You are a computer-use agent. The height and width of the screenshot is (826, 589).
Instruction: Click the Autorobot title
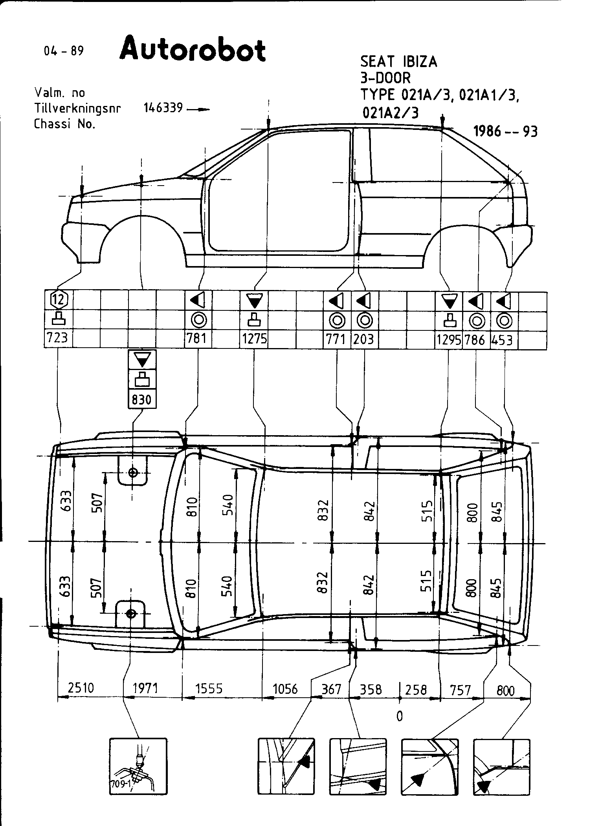point(193,49)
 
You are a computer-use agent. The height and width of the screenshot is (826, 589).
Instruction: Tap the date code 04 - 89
point(64,51)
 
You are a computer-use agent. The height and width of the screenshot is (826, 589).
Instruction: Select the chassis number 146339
point(163,108)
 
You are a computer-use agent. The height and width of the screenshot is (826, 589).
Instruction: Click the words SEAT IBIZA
point(398,62)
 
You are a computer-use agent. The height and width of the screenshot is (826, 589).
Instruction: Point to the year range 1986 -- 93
point(505,131)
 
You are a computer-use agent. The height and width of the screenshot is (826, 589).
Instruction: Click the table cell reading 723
point(58,338)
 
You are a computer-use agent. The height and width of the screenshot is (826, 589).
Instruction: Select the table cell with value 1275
point(255,339)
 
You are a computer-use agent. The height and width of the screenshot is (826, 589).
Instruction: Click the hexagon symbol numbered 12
point(59,300)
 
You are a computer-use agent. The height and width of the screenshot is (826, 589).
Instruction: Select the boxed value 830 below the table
point(141,399)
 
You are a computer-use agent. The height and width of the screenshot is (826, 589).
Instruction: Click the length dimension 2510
point(81,688)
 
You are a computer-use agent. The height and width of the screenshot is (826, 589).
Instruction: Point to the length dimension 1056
point(285,689)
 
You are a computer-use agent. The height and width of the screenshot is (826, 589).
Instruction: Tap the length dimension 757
point(461,690)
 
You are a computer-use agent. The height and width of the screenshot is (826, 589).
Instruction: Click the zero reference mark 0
point(399,716)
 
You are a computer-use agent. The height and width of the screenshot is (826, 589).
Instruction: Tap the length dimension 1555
point(209,689)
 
